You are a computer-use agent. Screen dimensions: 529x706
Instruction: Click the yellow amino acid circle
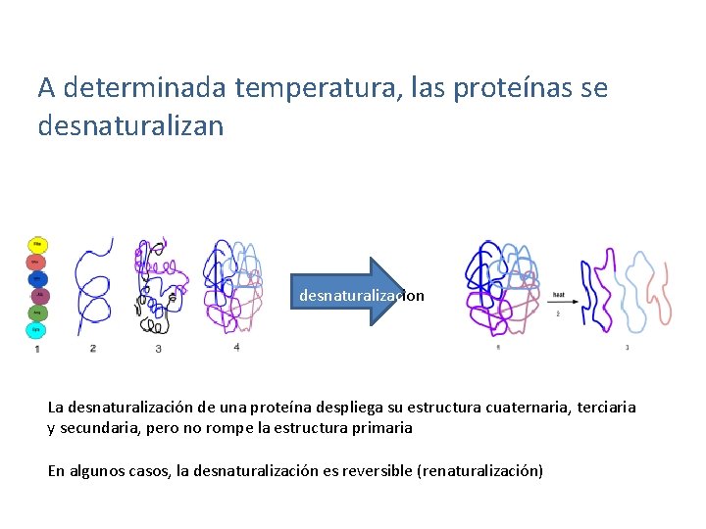tap(37, 243)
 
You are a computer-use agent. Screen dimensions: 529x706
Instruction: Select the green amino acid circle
tap(36, 313)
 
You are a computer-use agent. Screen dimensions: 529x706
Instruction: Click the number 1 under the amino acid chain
tap(37, 349)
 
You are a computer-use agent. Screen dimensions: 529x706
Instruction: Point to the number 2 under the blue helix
tap(92, 348)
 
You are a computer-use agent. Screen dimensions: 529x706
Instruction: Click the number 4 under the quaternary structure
tap(236, 346)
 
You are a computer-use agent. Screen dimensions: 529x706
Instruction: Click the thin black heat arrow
tap(558, 302)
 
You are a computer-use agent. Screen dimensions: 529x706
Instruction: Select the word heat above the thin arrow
tap(558, 293)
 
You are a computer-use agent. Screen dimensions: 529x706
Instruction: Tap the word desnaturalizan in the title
tap(130, 125)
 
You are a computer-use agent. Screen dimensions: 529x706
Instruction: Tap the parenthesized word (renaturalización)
tap(479, 471)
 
